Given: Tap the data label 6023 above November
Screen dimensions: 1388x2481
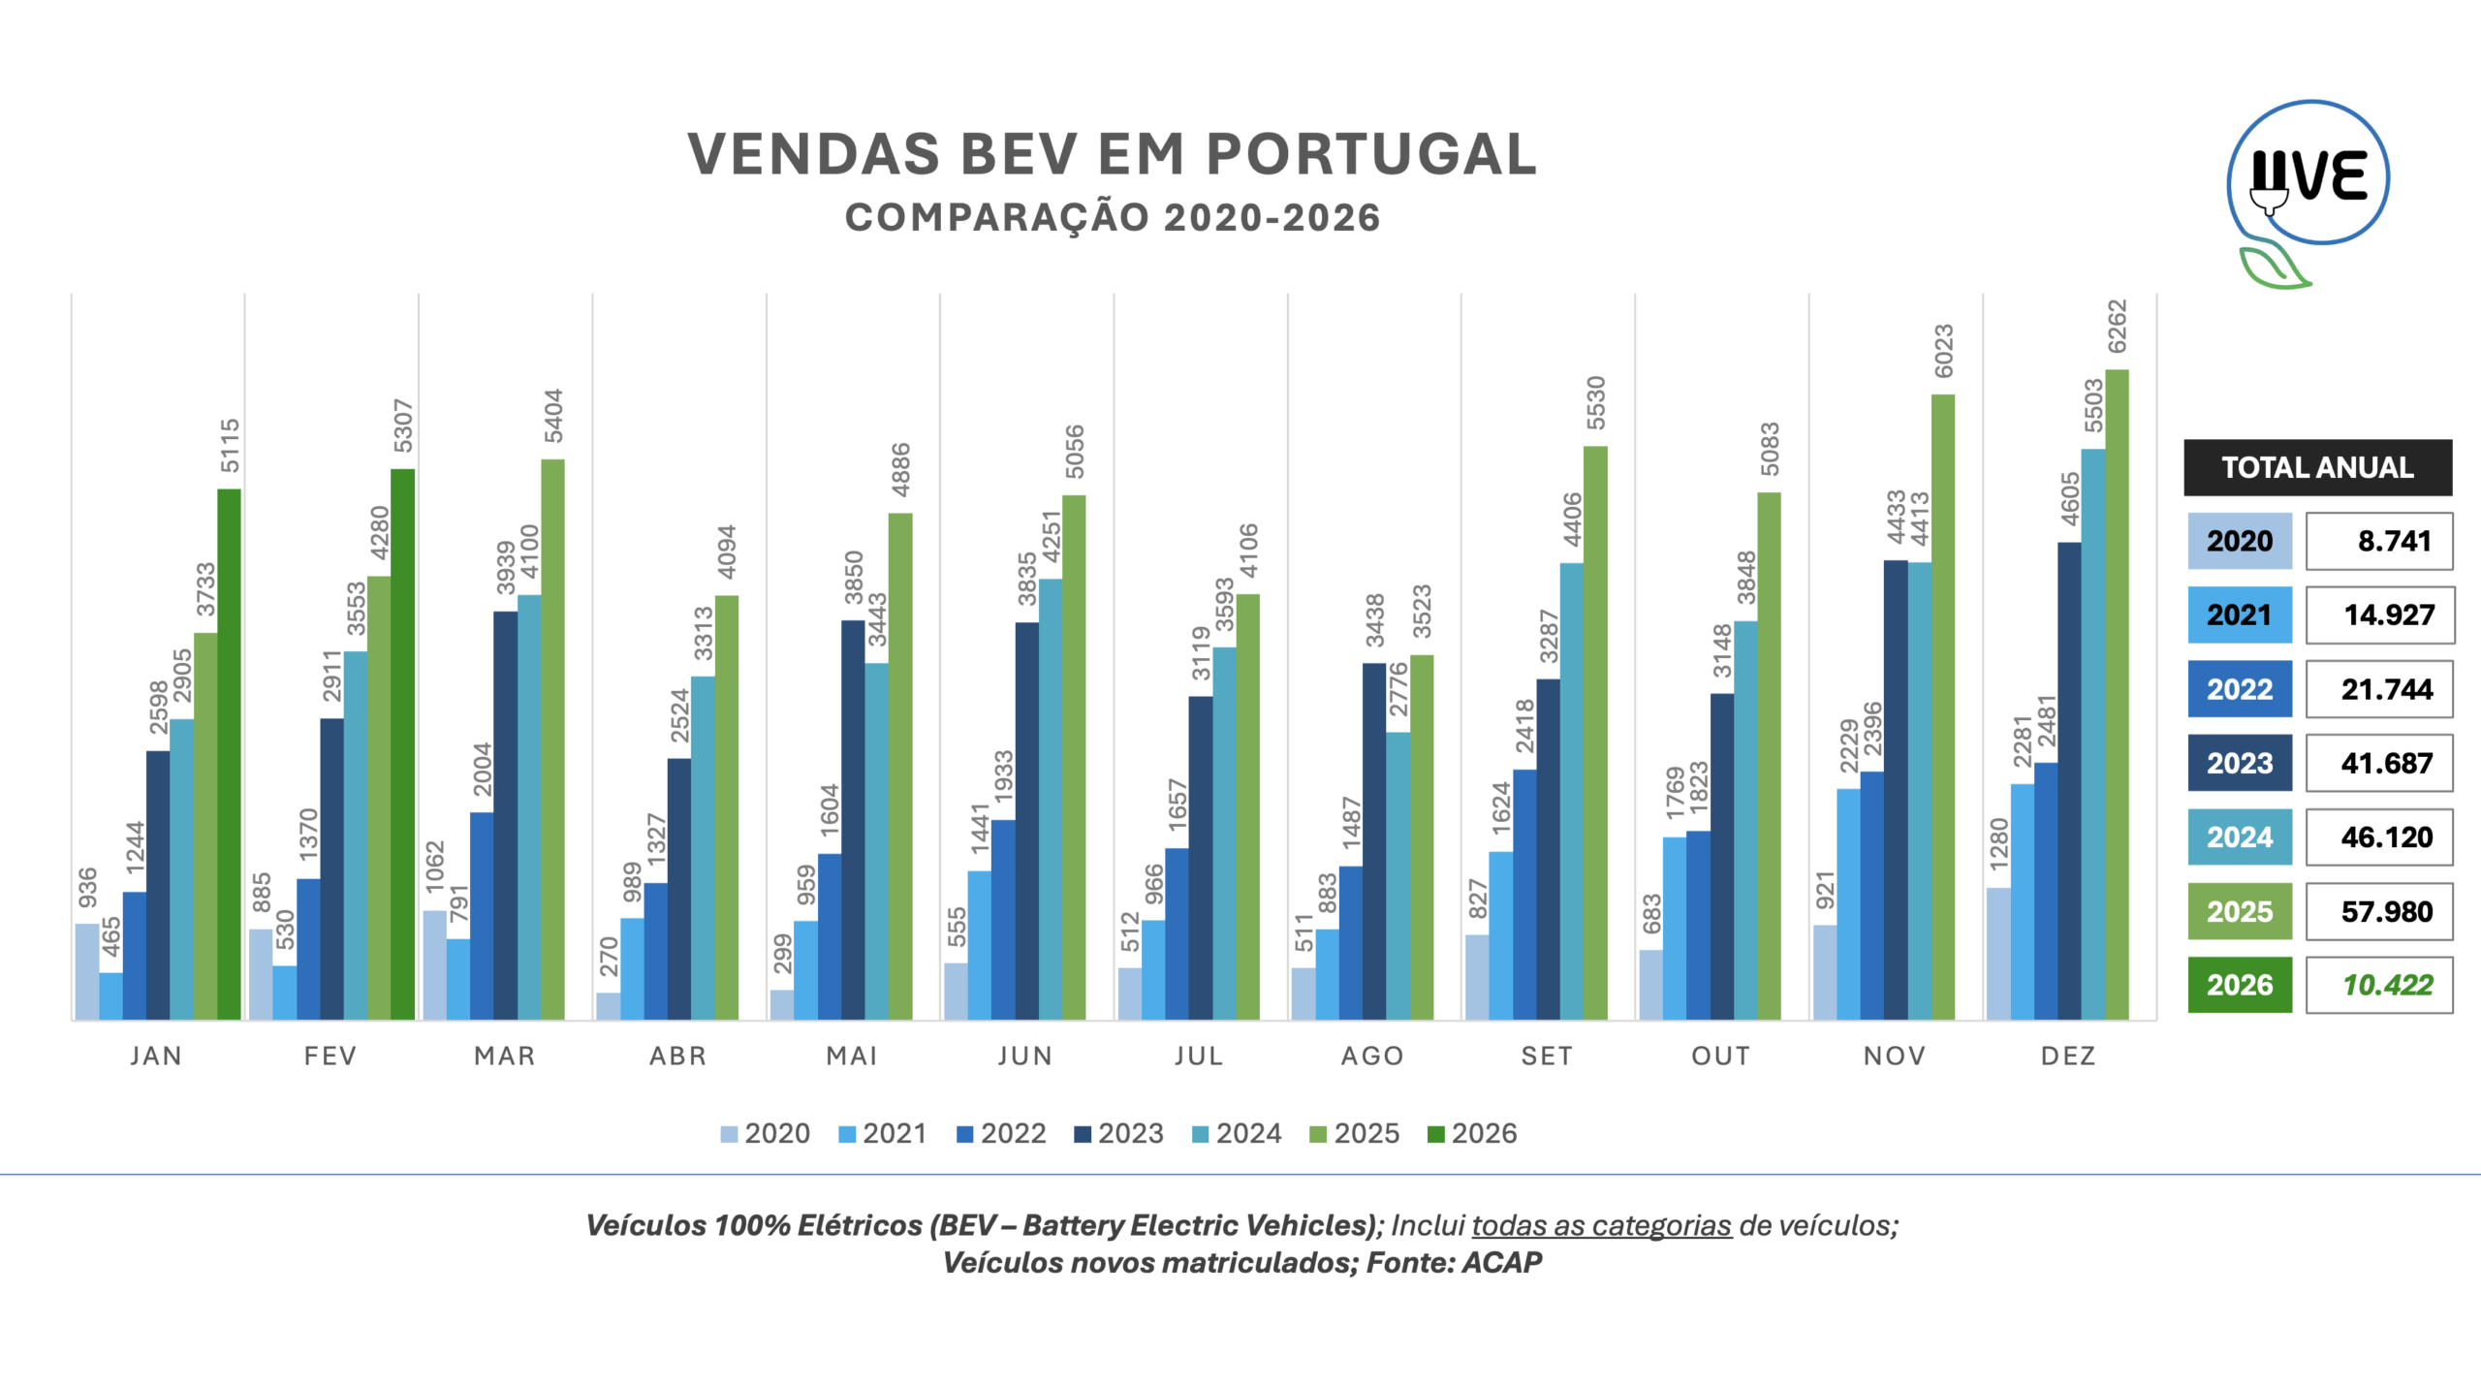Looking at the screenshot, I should tap(1943, 351).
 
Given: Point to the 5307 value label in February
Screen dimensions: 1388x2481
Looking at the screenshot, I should tap(403, 426).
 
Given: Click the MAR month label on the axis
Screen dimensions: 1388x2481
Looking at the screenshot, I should tap(504, 1056).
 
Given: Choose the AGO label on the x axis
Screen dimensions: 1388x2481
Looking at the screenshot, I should tap(1372, 1056).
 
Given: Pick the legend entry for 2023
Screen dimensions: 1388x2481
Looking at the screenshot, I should tap(1118, 1133).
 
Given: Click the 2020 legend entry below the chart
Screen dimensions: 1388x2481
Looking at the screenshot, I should tap(765, 1133).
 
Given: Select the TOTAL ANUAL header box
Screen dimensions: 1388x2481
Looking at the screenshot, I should tap(2317, 467).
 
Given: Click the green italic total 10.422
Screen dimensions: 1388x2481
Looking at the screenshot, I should tap(2387, 985).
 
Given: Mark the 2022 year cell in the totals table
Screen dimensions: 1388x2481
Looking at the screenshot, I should tap(2240, 689).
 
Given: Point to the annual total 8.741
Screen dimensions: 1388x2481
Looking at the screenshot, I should tap(2394, 541).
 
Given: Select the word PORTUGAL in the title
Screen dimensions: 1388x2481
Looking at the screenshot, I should tap(1370, 154).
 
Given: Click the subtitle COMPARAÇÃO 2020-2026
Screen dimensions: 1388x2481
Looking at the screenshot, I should tap(1113, 218).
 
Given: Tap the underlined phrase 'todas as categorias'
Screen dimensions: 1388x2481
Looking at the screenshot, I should tap(1601, 1225).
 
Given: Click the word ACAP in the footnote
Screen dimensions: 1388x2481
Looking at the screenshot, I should tap(1501, 1262).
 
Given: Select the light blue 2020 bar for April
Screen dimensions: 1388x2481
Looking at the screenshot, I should tap(608, 1005).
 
